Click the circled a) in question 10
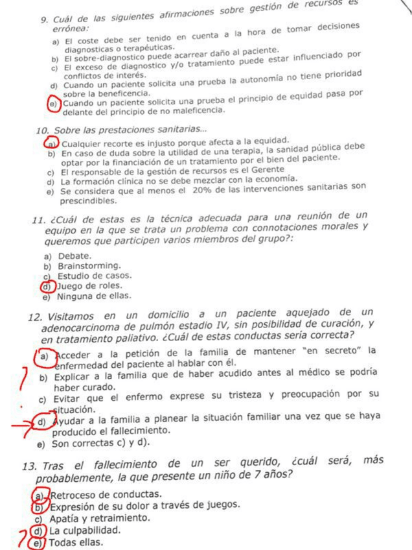tap(49, 142)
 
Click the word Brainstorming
tap(89, 266)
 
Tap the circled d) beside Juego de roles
tap(45, 286)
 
